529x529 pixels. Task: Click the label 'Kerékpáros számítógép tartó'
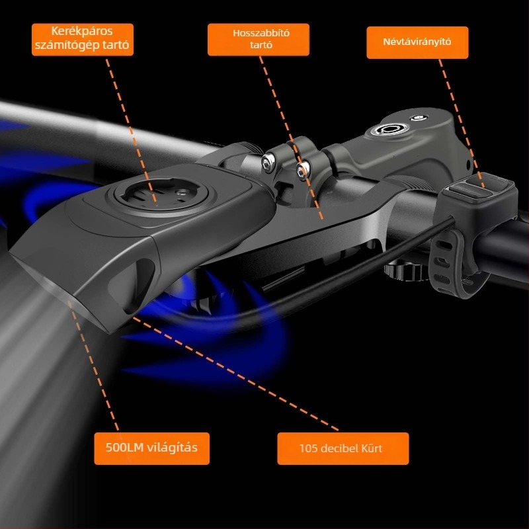pos(83,40)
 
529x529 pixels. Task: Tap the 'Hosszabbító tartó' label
pos(259,40)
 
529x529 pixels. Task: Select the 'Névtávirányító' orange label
pos(417,42)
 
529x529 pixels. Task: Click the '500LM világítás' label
pos(152,448)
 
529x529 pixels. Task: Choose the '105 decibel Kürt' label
pos(343,448)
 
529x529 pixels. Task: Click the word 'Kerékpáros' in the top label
pos(82,31)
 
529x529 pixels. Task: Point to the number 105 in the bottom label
pos(308,448)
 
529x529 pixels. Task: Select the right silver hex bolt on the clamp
pos(303,169)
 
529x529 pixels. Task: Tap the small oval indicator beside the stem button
pos(419,118)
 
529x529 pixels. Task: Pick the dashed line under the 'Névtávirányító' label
pos(462,124)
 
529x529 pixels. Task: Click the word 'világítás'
pos(170,448)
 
